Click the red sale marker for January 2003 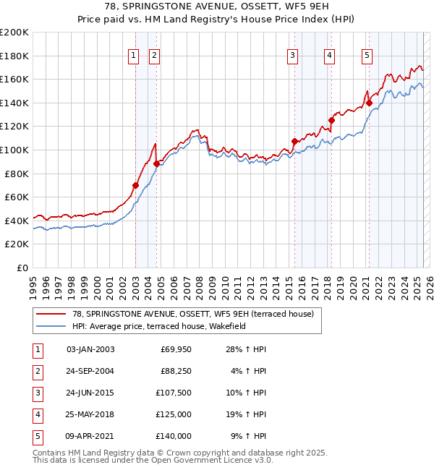point(136,185)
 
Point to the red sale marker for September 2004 point(157,164)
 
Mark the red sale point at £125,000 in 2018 point(331,120)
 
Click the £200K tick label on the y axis point(14,33)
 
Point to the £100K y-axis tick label point(14,150)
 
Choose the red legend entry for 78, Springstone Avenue point(192,314)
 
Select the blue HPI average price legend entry point(159,326)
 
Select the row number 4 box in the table point(38,414)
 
